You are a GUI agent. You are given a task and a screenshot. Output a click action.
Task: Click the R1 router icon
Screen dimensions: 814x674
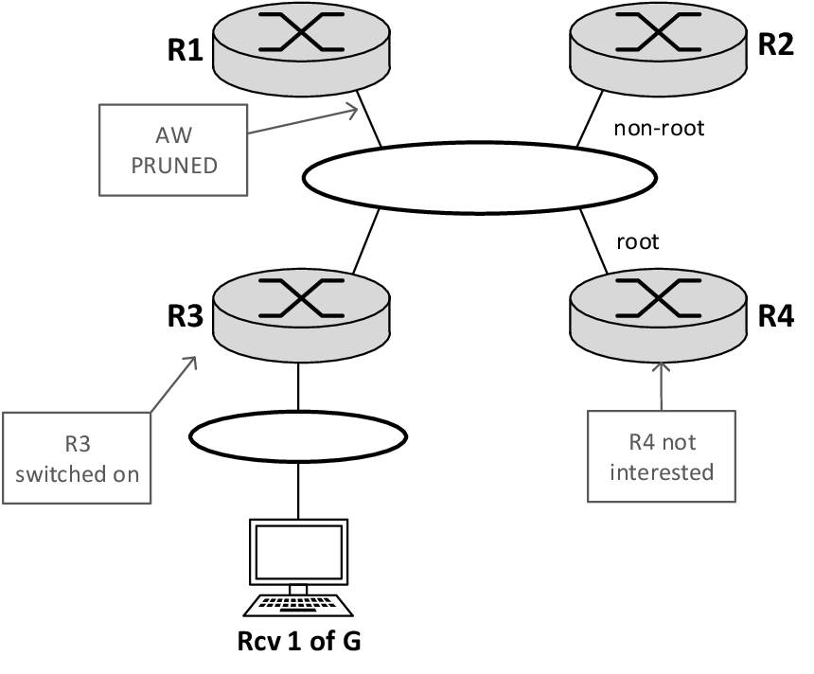[x=301, y=49]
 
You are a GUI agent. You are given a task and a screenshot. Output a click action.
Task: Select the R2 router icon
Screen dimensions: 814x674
[x=658, y=49]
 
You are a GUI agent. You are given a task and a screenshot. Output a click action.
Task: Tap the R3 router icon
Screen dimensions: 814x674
[x=301, y=315]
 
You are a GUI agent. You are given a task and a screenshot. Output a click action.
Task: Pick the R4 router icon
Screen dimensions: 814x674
[x=658, y=315]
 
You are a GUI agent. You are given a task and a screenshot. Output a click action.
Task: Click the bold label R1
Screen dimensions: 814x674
[x=186, y=50]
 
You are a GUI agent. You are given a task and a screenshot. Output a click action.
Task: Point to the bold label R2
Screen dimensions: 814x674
[x=776, y=44]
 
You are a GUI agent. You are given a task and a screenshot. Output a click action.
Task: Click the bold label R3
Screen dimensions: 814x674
[x=186, y=316]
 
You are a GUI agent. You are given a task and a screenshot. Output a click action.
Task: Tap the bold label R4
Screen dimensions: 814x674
[x=776, y=316]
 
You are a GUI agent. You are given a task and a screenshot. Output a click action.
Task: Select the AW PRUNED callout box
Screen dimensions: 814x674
[x=173, y=151]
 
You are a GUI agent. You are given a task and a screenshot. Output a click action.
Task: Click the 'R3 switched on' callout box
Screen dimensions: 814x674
[x=77, y=458]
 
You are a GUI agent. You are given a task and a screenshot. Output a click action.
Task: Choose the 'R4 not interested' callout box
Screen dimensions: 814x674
[x=662, y=456]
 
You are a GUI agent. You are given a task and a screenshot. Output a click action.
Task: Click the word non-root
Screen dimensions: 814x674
[x=659, y=128]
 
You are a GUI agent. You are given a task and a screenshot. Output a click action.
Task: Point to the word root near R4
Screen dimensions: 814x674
[x=638, y=242]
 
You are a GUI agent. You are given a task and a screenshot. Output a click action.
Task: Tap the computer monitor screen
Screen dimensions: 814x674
[x=299, y=552]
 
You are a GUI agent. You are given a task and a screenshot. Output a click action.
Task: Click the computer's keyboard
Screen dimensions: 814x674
[x=298, y=606]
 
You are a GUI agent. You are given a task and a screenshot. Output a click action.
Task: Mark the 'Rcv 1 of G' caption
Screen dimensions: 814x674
[x=299, y=641]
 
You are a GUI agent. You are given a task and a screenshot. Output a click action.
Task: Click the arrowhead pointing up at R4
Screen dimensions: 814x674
[x=661, y=366]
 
